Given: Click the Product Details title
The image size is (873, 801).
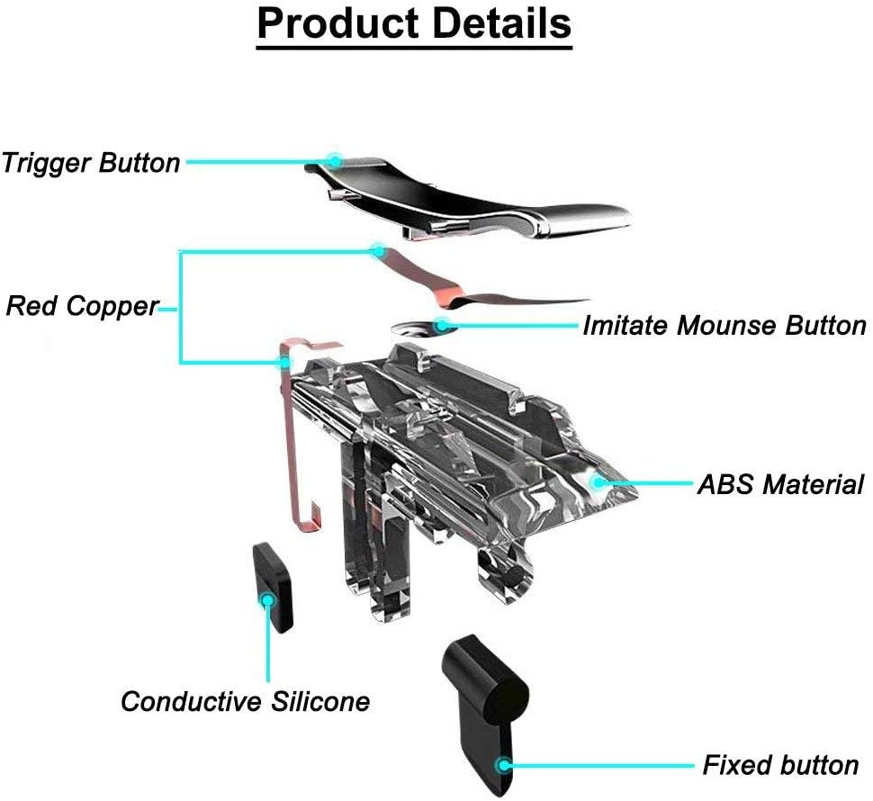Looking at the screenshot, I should point(414,24).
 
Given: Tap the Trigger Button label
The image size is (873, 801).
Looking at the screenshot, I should point(91,163).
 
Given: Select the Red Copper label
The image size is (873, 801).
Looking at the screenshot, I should point(82,306).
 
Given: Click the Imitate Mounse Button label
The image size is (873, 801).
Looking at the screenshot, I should point(724,325).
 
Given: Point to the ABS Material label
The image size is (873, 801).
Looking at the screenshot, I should point(780,484).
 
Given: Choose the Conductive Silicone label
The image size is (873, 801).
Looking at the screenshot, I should point(245,701).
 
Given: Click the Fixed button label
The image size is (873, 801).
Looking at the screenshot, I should point(780,765).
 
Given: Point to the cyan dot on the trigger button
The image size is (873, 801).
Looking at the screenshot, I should point(335,161).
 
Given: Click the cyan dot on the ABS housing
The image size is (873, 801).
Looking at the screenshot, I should point(595,482).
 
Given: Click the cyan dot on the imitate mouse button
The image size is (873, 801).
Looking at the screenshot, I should point(443,325).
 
